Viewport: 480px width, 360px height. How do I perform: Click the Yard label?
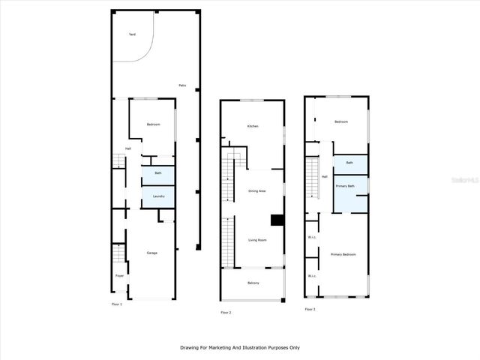click(132, 34)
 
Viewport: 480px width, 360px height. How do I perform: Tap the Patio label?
click(182, 85)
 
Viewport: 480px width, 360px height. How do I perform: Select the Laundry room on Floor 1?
click(158, 196)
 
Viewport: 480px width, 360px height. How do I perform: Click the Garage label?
click(151, 253)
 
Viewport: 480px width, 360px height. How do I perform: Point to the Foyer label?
click(119, 276)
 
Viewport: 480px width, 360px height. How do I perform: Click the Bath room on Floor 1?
click(158, 174)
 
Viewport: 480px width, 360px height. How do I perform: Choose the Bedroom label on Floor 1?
click(153, 124)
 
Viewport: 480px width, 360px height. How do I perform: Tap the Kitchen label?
click(253, 126)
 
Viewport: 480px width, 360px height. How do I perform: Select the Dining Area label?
click(257, 191)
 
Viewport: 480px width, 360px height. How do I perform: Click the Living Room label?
click(257, 240)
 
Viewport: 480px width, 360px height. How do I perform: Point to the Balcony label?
click(253, 283)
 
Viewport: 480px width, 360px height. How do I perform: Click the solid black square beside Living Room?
click(277, 220)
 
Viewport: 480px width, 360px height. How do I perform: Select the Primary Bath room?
click(345, 186)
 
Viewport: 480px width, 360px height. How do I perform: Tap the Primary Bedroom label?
click(343, 255)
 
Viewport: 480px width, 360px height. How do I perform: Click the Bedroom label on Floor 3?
click(341, 121)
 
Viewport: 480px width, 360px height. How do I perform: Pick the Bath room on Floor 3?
click(349, 163)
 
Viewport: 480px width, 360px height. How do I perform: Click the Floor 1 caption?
click(116, 304)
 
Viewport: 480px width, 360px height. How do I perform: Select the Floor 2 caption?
click(226, 312)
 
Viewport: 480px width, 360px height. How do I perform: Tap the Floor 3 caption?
click(310, 309)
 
